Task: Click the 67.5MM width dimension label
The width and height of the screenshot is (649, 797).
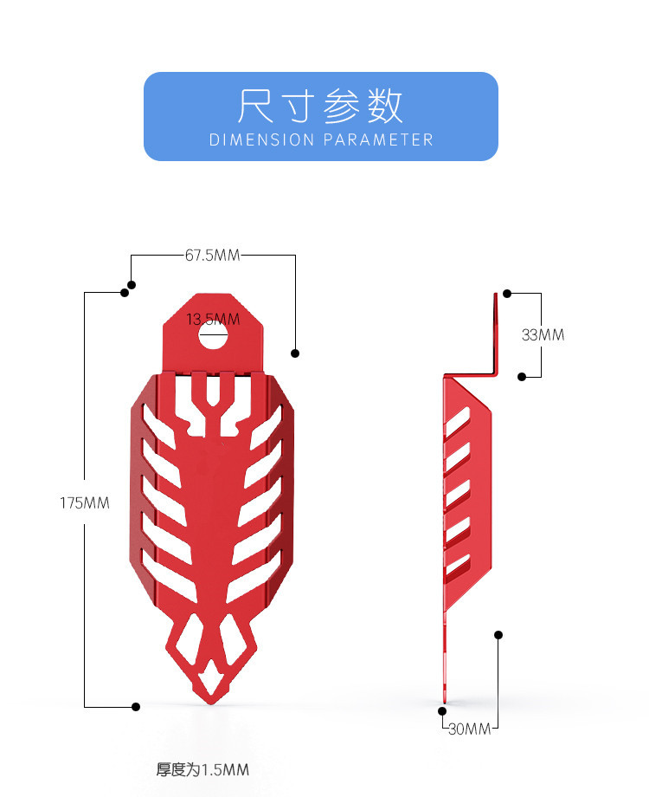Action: [x=212, y=256]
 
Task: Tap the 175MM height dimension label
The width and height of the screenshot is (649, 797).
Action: [x=85, y=502]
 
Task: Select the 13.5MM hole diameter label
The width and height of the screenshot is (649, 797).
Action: [x=213, y=320]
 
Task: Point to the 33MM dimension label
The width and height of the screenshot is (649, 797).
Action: [x=543, y=334]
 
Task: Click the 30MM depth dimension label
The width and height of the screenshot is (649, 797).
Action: [x=470, y=729]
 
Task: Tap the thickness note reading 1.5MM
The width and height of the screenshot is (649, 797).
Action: [x=202, y=769]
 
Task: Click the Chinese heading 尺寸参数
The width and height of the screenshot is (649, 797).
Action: [x=321, y=107]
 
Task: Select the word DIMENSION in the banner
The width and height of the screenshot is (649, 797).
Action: [x=262, y=139]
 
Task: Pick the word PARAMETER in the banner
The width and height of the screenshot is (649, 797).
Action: [x=378, y=139]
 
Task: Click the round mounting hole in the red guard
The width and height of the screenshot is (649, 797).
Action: [x=213, y=336]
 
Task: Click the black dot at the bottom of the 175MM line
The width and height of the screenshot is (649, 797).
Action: [x=136, y=707]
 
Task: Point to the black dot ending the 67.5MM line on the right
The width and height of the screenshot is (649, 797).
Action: [x=295, y=353]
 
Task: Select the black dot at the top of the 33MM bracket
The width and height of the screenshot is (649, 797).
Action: [x=507, y=294]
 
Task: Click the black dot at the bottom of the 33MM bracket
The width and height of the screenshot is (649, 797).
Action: [x=522, y=376]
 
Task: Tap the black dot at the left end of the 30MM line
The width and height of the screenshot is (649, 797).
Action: [x=442, y=710]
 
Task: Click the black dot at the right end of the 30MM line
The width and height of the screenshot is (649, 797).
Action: [x=498, y=635]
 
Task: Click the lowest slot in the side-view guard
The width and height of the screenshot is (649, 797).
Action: [x=458, y=565]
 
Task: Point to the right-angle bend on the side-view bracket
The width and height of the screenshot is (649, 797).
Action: [x=495, y=374]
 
